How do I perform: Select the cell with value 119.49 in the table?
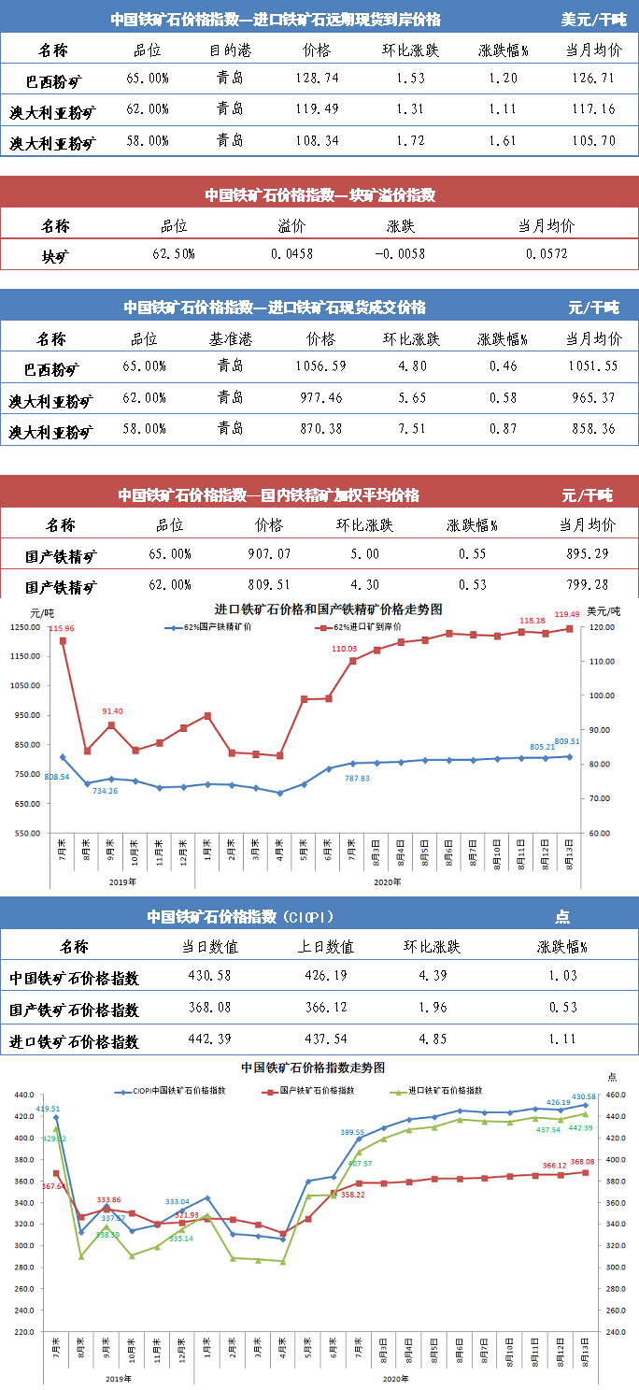(317, 110)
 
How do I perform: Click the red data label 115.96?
(62, 629)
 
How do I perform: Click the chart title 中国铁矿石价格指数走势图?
(313, 1067)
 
